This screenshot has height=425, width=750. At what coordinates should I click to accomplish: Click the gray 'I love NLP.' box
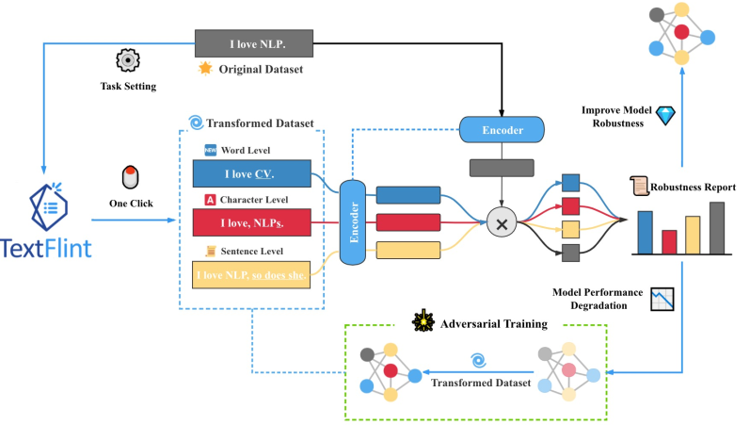click(254, 43)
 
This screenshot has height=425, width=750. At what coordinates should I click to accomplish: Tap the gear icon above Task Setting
click(128, 60)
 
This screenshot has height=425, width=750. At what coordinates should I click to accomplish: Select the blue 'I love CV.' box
click(252, 173)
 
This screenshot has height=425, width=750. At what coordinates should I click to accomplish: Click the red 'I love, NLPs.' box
click(252, 222)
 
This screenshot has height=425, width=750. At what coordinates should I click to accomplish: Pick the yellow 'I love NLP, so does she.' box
click(251, 274)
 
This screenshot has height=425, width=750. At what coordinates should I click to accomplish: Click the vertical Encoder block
click(353, 222)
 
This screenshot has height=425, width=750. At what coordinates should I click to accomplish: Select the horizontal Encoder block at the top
click(502, 129)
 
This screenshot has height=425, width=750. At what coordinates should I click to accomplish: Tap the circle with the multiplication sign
click(502, 222)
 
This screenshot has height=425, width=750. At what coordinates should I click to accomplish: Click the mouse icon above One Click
click(131, 177)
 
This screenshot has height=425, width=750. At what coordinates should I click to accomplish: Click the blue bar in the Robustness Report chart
click(646, 233)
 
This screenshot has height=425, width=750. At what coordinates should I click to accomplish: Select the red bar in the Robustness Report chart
click(669, 242)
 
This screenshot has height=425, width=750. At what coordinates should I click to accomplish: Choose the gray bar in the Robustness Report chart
click(717, 228)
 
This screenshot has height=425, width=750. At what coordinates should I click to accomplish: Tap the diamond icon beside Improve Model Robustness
click(665, 116)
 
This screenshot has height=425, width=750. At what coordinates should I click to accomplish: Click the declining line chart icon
click(662, 299)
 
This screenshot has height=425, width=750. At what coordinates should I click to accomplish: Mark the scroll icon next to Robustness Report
click(639, 186)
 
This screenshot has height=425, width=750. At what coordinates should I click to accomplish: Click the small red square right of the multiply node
click(570, 206)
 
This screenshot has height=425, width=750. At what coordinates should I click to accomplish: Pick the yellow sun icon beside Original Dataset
click(205, 69)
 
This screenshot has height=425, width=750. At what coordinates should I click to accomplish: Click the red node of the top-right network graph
click(681, 32)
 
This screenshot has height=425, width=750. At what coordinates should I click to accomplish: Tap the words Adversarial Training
click(494, 324)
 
